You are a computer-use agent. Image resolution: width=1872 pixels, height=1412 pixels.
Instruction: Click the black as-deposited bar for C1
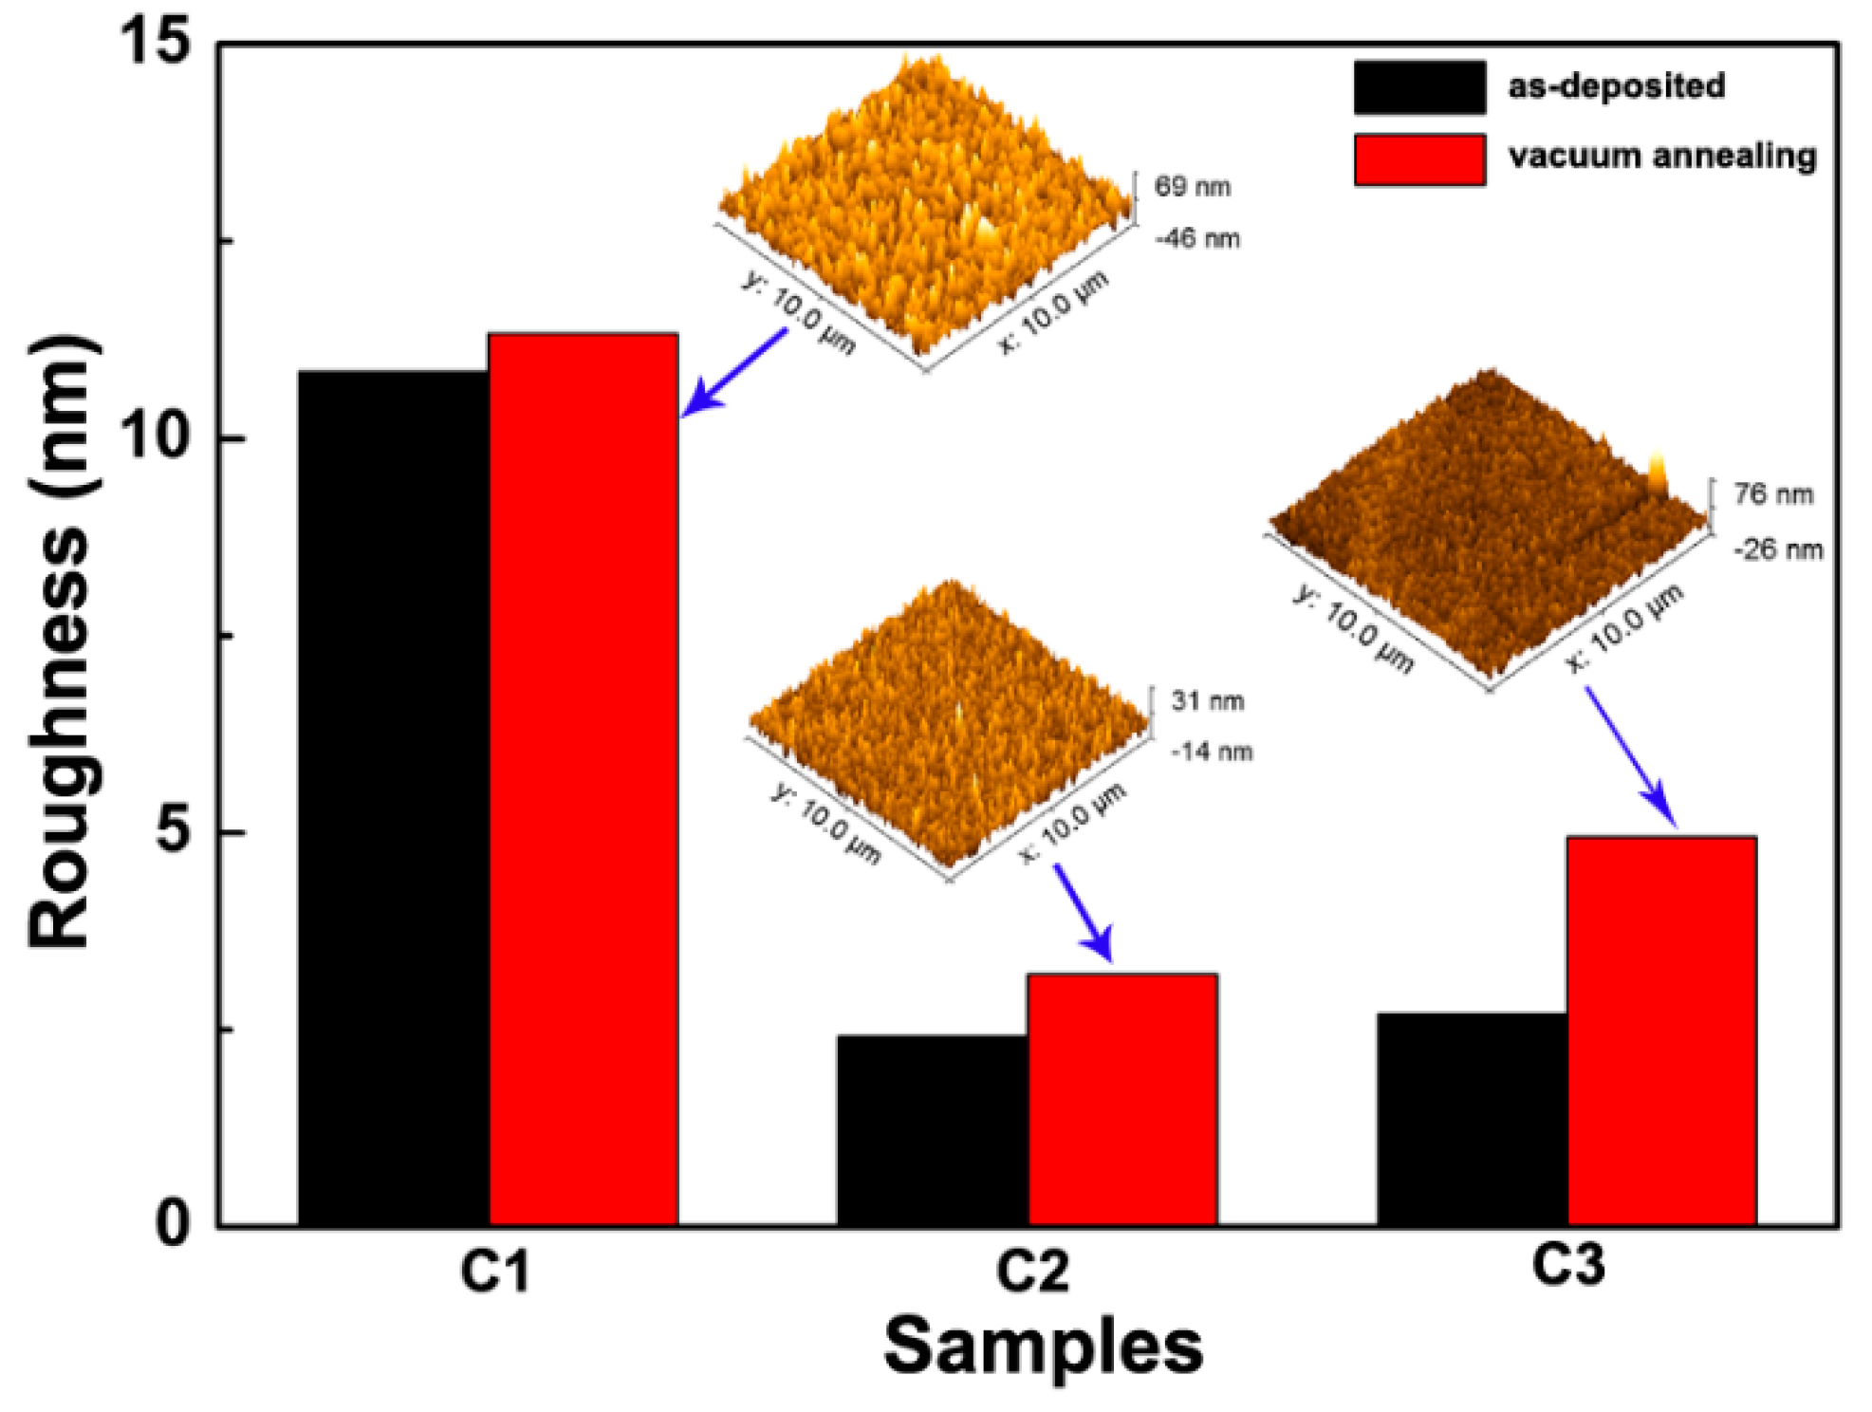[393, 797]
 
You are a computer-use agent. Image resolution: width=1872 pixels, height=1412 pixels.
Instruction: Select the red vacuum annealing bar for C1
[583, 778]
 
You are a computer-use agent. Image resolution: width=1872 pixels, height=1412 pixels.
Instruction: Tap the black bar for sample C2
[932, 1129]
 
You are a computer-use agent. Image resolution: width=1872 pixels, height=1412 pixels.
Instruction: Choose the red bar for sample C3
[1660, 1031]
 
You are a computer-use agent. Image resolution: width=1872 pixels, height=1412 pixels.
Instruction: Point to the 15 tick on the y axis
[155, 42]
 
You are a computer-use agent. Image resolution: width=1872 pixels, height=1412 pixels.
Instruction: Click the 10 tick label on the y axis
[155, 437]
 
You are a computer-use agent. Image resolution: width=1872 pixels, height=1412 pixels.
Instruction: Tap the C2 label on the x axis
[1031, 1270]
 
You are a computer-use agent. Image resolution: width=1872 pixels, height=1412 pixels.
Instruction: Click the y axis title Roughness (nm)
[63, 641]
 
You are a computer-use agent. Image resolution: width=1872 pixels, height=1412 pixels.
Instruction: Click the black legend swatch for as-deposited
[1418, 87]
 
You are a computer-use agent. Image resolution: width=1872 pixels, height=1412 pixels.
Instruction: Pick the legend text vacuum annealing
[1661, 156]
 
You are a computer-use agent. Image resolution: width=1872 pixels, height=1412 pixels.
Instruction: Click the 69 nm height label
[1192, 186]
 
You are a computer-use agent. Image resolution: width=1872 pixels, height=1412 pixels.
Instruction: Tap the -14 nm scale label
[1212, 752]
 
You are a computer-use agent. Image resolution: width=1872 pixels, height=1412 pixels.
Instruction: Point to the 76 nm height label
[1772, 493]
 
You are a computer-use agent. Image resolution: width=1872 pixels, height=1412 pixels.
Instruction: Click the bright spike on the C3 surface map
[1657, 473]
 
